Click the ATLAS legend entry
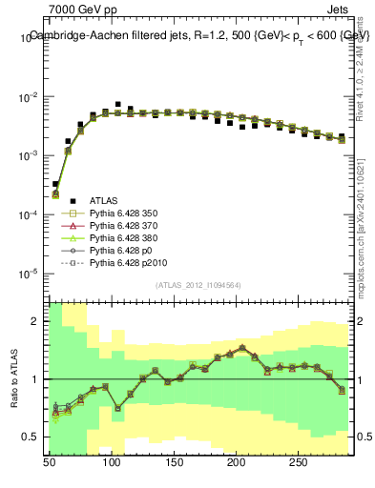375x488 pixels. [x=104, y=200]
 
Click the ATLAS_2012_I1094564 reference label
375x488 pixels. [x=198, y=285]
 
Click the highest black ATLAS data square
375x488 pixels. [x=118, y=104]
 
